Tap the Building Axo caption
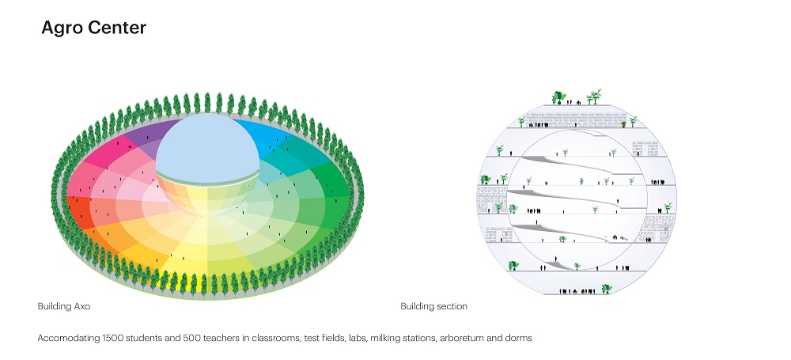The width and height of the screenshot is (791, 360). [x=70, y=306]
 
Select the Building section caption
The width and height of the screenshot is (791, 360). [x=433, y=306]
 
